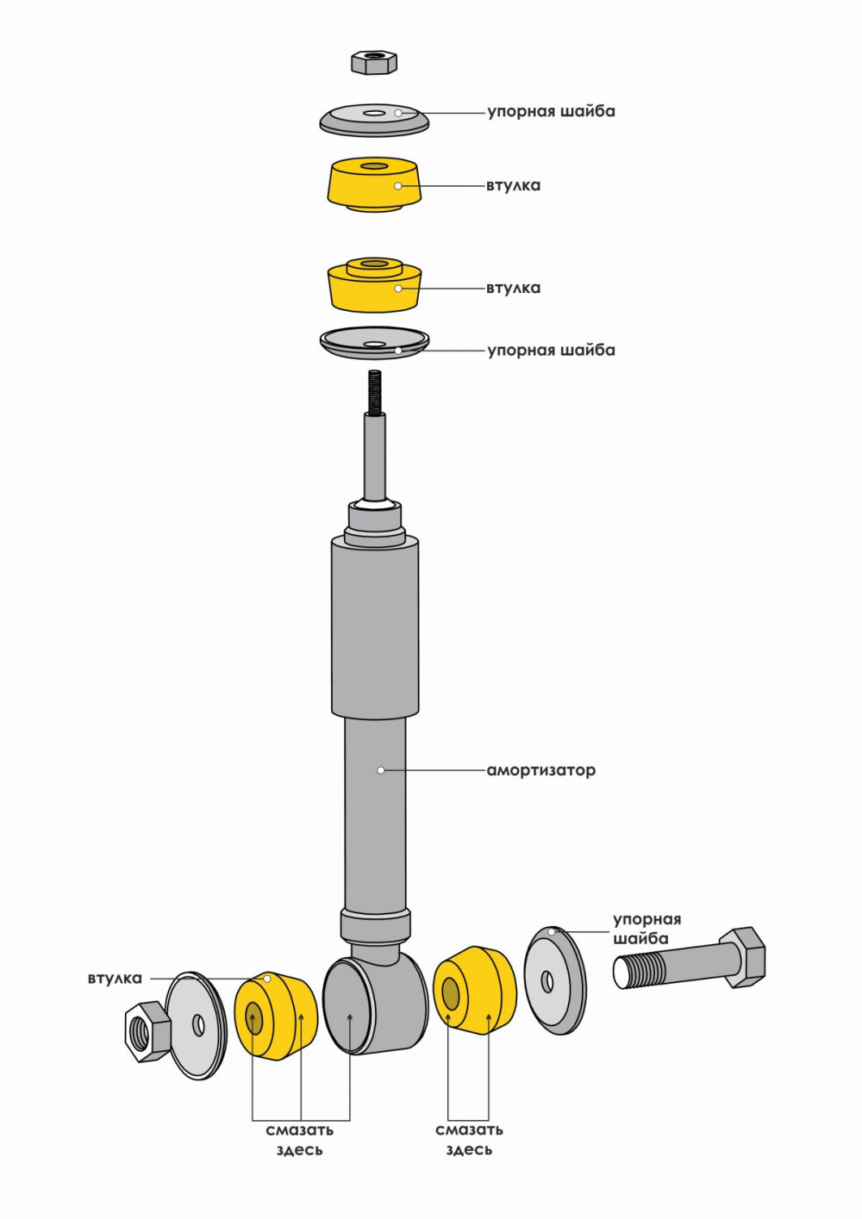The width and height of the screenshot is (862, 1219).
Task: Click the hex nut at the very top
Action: click(x=373, y=62)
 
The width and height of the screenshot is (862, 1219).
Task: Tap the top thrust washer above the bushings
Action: click(x=374, y=121)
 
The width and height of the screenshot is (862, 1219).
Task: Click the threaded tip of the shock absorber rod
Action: click(x=374, y=391)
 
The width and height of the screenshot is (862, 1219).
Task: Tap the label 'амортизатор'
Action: click(x=540, y=770)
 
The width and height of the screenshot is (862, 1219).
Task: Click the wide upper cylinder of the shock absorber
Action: click(x=375, y=625)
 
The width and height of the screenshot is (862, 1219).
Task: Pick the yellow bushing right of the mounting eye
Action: click(x=474, y=991)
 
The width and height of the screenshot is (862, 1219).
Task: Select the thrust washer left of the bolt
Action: click(x=554, y=981)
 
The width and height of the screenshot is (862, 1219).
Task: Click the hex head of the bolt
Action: click(x=743, y=957)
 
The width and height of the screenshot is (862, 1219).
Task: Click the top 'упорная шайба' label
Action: click(x=551, y=111)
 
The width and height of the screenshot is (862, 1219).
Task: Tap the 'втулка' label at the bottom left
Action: click(x=115, y=979)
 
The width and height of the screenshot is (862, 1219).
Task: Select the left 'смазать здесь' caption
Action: click(x=299, y=1140)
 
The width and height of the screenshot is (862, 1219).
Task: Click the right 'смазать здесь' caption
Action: click(x=469, y=1140)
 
